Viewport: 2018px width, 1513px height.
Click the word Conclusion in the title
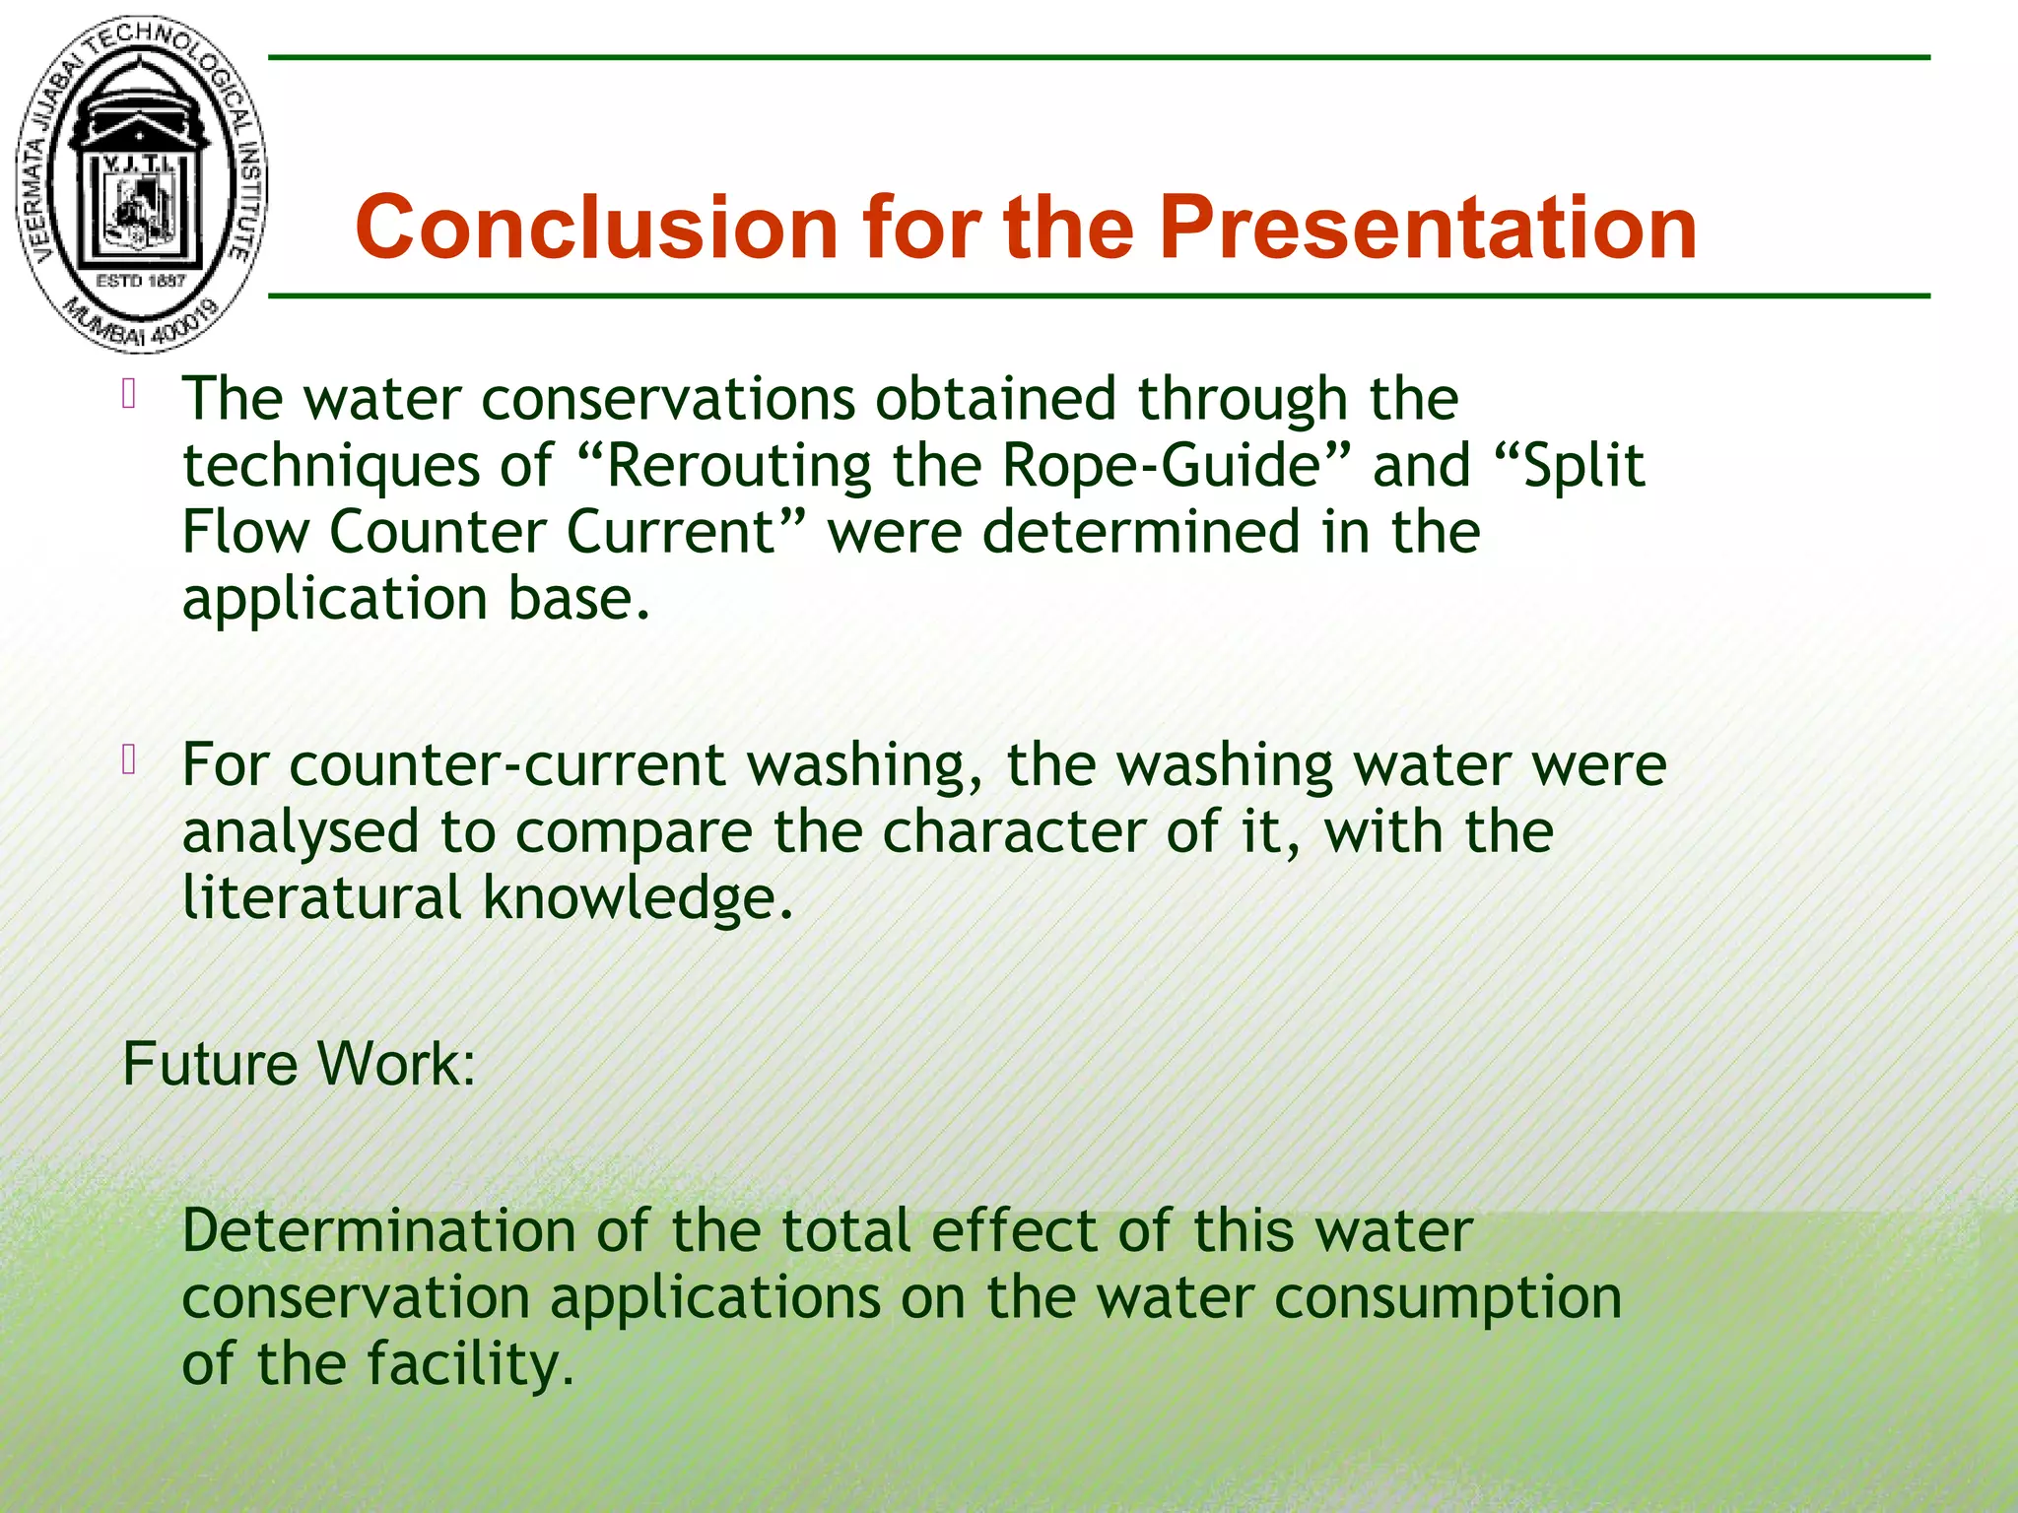[x=596, y=228]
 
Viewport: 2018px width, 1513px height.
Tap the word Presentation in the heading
[x=1428, y=228]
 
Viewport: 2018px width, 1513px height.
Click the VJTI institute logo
[x=140, y=184]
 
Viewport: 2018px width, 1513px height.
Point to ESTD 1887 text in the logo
[x=140, y=281]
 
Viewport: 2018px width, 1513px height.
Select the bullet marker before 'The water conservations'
[x=129, y=394]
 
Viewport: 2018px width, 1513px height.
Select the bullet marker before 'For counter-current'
[x=129, y=760]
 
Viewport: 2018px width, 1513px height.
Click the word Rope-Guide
[x=1161, y=465]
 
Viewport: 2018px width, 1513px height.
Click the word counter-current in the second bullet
[x=507, y=765]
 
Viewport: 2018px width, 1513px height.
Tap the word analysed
[x=301, y=832]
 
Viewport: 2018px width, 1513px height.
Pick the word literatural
[x=322, y=897]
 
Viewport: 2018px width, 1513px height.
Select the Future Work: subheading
[x=299, y=1064]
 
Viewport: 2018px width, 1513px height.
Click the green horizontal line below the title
[x=1099, y=296]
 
